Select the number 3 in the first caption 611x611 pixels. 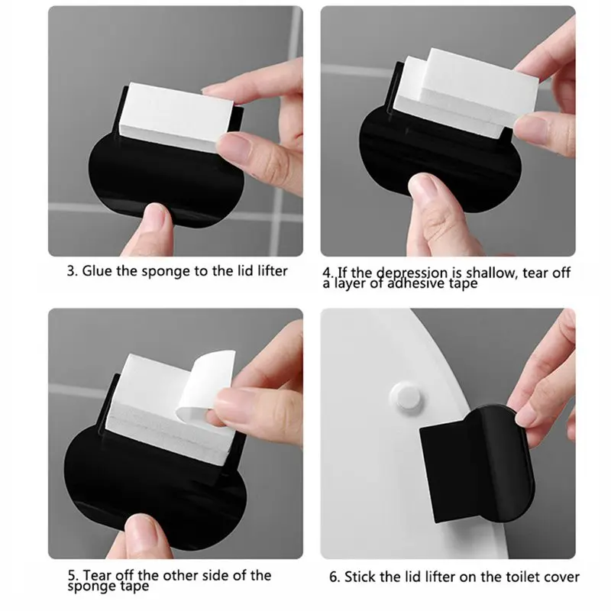coord(71,271)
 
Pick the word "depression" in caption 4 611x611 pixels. coord(413,273)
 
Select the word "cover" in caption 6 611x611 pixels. coord(564,577)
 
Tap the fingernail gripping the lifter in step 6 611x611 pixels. coord(525,419)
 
